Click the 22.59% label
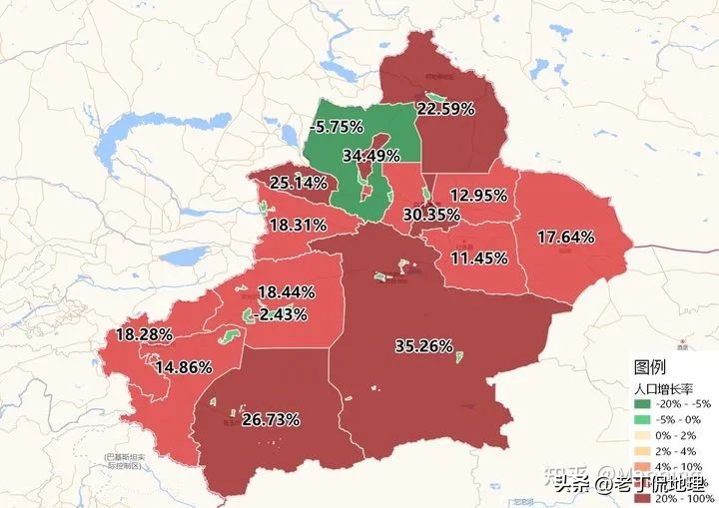click(x=445, y=109)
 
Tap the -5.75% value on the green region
click(x=336, y=127)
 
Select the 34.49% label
click(x=370, y=156)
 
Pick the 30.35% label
click(x=431, y=214)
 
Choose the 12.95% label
click(x=478, y=195)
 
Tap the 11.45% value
click(x=479, y=257)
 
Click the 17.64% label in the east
click(x=566, y=237)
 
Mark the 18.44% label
click(x=287, y=292)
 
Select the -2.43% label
click(x=279, y=313)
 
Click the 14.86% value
click(x=183, y=366)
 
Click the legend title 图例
click(x=649, y=366)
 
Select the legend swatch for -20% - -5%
click(x=641, y=404)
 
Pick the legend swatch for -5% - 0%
click(x=641, y=420)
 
